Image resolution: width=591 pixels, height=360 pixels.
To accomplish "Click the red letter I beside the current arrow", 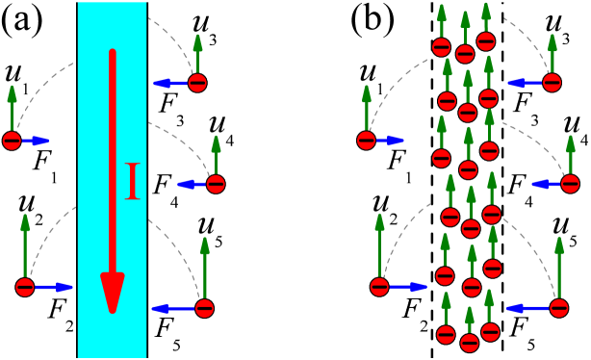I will click(132, 181).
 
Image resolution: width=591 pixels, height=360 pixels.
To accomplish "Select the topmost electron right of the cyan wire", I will click(197, 83).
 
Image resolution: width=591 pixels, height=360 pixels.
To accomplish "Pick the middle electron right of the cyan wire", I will click(216, 184).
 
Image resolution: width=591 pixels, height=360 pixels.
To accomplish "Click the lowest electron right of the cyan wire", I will click(204, 308).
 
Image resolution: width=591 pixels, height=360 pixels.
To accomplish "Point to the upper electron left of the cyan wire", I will click(12, 141).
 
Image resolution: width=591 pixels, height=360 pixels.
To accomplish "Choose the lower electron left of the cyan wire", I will click(25, 287).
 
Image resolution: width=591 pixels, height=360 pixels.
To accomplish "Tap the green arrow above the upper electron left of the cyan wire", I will click(12, 108).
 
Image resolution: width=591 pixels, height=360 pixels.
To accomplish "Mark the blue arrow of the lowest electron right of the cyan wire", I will click(173, 308).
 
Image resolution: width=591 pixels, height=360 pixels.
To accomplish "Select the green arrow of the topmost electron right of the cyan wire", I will click(197, 54).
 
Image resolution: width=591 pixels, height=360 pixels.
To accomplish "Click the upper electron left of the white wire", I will click(366, 141).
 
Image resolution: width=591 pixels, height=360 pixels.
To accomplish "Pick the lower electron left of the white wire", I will click(379, 287).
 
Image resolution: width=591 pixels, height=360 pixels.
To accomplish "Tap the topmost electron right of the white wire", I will click(552, 83).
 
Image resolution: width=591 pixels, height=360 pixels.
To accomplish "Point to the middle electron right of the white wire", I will click(570, 184).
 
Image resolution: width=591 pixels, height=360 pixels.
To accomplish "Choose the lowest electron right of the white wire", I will click(558, 308).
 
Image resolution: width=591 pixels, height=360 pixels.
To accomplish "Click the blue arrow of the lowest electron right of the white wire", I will click(527, 308).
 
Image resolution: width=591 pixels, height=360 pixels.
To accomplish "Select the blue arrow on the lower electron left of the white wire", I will click(406, 287).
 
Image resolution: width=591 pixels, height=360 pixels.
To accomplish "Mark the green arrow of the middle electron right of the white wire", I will click(570, 154).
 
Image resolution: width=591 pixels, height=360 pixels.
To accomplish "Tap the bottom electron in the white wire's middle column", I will click(469, 343).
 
